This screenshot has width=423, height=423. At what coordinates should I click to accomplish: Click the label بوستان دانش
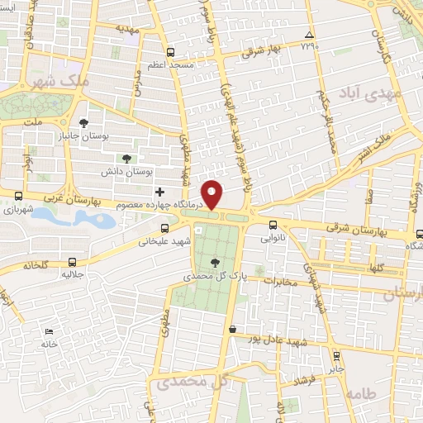129,172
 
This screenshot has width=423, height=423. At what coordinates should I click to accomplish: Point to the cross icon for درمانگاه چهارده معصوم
159,192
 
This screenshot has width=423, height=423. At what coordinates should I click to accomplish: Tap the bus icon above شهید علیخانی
164,228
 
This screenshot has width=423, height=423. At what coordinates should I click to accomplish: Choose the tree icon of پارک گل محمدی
215,263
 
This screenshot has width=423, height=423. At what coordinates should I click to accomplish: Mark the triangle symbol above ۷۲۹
309,35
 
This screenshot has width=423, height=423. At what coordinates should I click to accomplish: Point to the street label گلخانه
38,265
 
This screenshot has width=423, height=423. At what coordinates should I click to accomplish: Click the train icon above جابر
335,356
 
